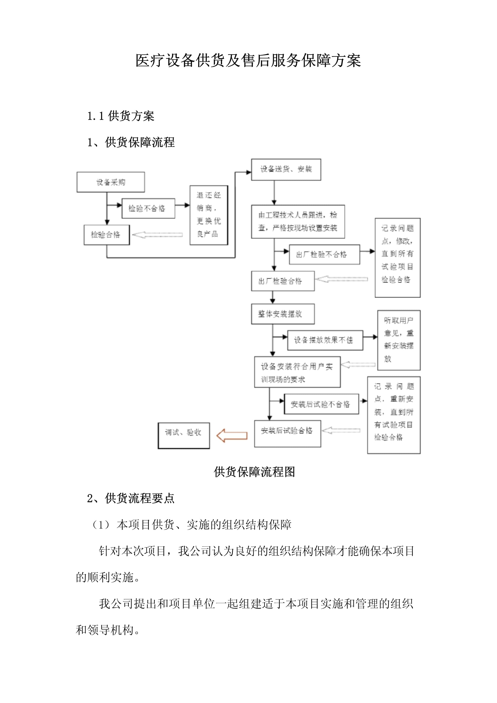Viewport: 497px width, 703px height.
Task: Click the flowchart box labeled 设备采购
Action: click(x=111, y=182)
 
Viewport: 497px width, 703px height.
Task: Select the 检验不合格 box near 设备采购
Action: click(x=148, y=208)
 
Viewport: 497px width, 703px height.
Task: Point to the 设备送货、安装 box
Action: click(x=286, y=169)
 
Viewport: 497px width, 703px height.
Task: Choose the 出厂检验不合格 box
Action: click(x=324, y=254)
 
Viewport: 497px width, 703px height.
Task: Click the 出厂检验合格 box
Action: click(x=283, y=281)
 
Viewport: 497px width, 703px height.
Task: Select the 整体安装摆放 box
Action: click(x=283, y=314)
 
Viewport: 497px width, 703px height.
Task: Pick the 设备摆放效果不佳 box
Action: click(x=325, y=340)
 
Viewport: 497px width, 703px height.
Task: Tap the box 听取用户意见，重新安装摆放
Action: click(x=399, y=340)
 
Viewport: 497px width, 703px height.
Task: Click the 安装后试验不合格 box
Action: click(x=321, y=404)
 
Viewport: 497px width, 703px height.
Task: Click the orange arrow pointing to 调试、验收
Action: click(x=232, y=435)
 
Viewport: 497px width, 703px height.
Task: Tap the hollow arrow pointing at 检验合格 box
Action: click(x=157, y=235)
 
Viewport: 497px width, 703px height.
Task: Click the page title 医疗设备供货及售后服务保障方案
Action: click(x=248, y=60)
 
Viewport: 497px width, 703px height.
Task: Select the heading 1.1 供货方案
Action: click(x=121, y=116)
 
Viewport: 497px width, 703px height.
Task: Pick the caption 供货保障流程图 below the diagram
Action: click(x=254, y=472)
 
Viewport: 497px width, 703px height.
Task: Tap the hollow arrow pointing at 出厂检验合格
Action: click(x=341, y=279)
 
